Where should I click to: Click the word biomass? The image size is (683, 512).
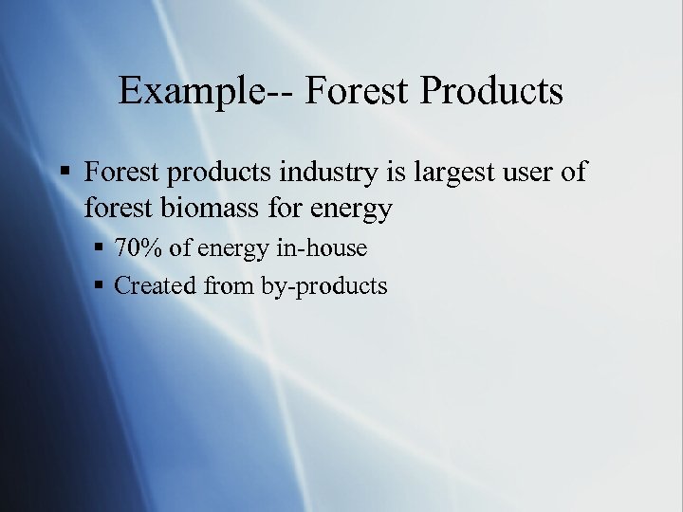(216, 207)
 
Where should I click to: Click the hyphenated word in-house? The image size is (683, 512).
(320, 249)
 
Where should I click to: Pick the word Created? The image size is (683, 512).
(155, 285)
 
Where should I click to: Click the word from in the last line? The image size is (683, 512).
(228, 285)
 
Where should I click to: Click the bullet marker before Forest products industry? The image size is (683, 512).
(63, 174)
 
